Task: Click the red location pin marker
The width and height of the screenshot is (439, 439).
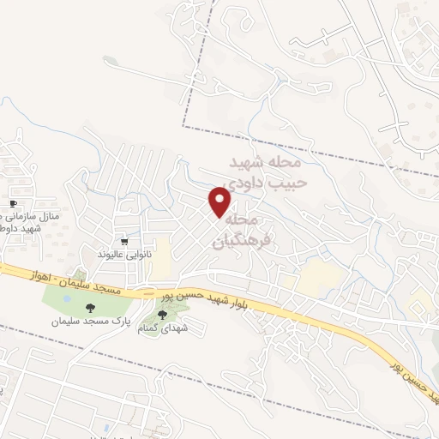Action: tap(220, 202)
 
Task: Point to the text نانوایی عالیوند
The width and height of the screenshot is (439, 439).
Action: tap(125, 256)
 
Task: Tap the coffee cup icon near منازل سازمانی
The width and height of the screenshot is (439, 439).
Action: tap(12, 202)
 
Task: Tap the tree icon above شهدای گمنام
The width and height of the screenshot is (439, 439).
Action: tap(163, 316)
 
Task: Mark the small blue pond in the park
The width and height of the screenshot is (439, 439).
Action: tap(67, 298)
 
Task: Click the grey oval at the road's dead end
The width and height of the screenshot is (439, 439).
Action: tap(109, 60)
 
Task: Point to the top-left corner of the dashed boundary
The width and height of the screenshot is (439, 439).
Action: tap(184, 129)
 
